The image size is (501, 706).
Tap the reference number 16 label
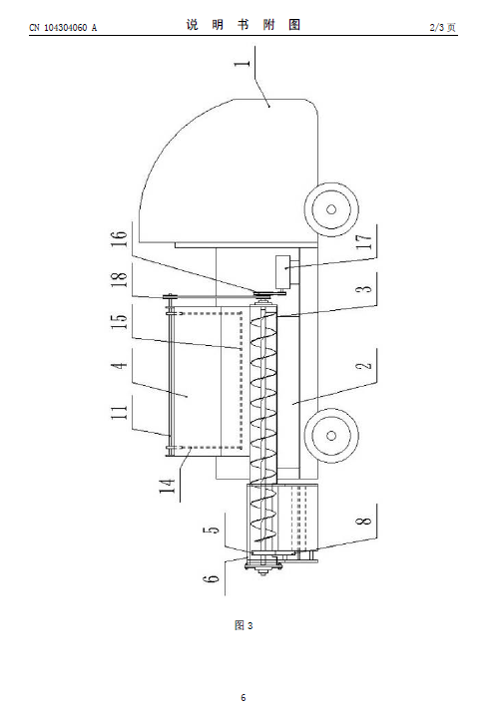point(120,239)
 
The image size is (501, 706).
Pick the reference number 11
point(120,413)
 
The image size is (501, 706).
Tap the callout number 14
point(167,486)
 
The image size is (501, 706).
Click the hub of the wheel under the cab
point(331,209)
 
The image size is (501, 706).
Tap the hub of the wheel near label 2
point(331,436)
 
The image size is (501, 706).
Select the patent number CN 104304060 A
point(63,28)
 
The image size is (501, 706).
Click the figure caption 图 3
point(244,625)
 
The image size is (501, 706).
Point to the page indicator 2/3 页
point(442,28)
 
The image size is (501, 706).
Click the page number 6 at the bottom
point(244,697)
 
